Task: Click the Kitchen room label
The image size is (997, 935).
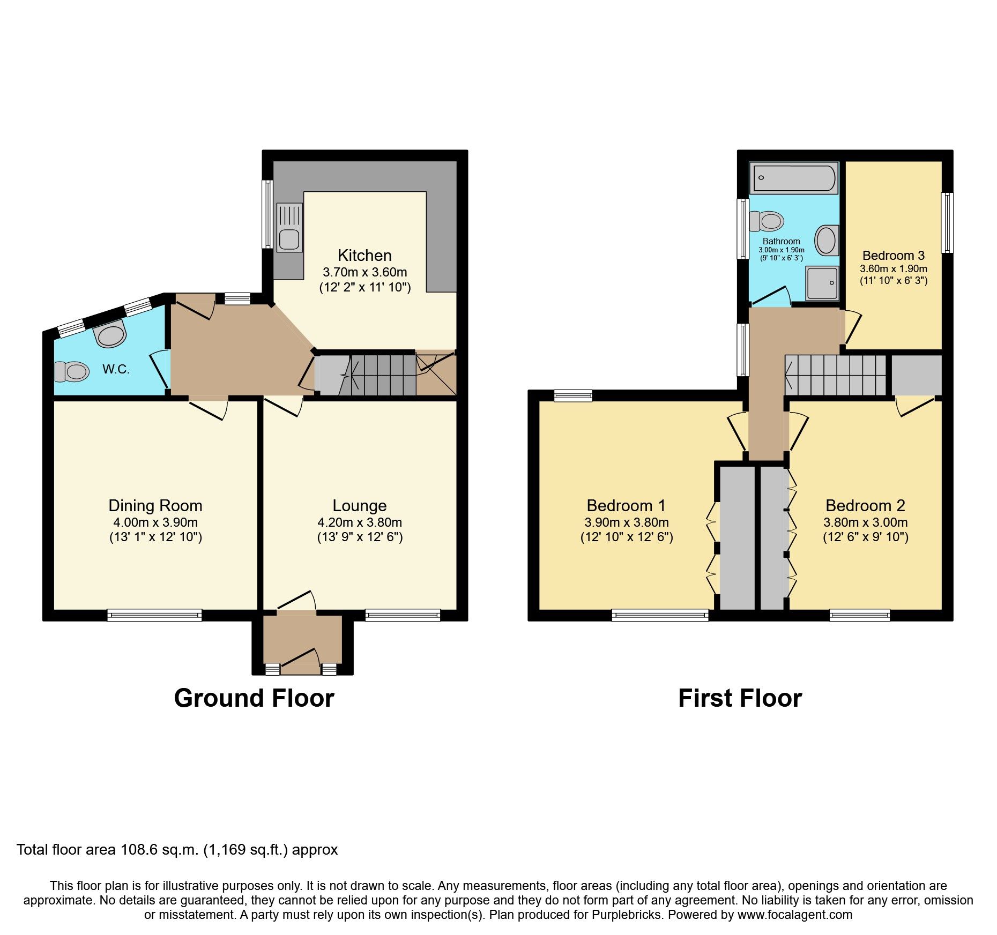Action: coord(364,255)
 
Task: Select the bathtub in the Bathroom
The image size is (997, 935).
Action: coord(794,178)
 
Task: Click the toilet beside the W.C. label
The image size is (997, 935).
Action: coord(72,371)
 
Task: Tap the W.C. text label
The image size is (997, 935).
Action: coord(116,369)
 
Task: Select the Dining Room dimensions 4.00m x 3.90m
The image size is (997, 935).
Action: coord(155,522)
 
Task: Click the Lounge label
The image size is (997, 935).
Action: coord(359,505)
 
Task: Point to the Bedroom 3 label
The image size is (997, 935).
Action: coord(893,255)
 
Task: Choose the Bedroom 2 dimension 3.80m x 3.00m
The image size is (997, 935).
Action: coord(865,522)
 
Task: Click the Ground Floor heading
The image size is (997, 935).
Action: coord(254,698)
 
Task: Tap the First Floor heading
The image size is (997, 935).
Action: coord(740,698)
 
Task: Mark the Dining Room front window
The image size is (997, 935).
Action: coord(154,615)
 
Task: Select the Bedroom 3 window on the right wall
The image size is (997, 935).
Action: coord(947,222)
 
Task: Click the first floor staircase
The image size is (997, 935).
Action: coord(835,375)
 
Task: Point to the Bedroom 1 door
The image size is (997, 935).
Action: coord(737,431)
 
